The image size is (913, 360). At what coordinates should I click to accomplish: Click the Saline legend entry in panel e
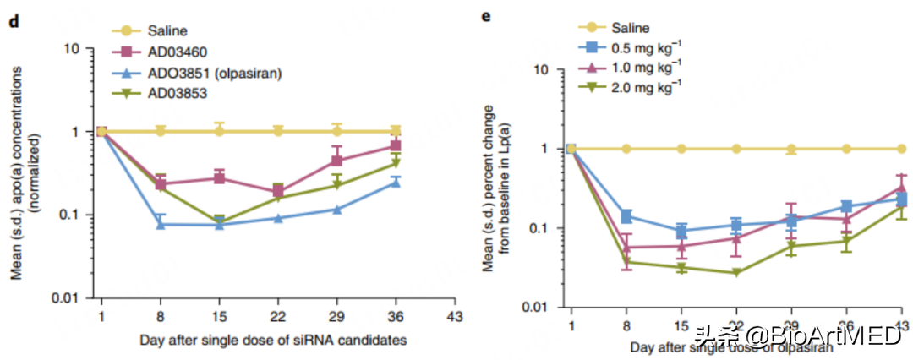click(x=627, y=28)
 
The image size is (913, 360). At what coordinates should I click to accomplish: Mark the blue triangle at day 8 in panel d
click(x=160, y=224)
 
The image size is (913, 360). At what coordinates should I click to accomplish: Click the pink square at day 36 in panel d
click(x=396, y=146)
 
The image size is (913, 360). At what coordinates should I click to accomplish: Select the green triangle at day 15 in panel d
click(x=219, y=221)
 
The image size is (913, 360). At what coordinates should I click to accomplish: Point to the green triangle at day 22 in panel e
click(x=736, y=273)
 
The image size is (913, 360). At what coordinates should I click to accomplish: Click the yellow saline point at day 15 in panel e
click(x=681, y=149)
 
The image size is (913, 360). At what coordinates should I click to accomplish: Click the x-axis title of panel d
click(x=278, y=340)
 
